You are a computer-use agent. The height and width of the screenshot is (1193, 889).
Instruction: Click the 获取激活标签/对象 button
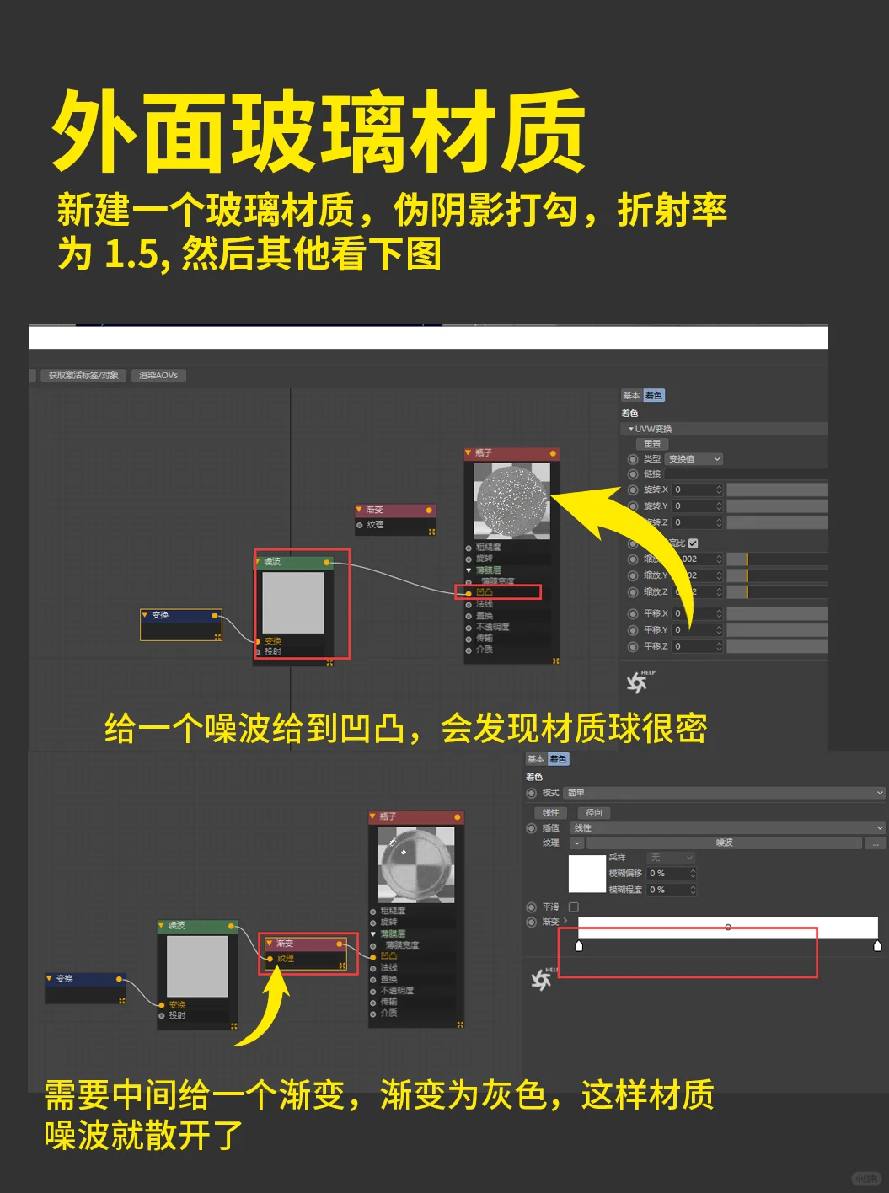click(83, 375)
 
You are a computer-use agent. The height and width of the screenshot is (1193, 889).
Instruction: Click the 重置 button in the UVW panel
click(652, 444)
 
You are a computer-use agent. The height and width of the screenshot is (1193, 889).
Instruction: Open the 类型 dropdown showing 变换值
click(694, 459)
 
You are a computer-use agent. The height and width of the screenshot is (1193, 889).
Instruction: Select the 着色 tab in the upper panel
click(654, 395)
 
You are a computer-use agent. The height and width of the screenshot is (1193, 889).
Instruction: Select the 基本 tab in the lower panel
click(535, 759)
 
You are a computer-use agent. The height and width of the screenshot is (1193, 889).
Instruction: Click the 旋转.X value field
click(696, 490)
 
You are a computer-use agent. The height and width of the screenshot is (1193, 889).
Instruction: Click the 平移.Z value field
click(696, 646)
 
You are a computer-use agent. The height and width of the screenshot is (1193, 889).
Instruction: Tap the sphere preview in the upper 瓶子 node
click(511, 500)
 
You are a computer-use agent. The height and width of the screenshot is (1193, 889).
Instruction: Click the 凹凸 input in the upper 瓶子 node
click(485, 593)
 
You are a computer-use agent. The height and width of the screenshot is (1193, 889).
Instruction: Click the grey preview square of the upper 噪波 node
click(293, 602)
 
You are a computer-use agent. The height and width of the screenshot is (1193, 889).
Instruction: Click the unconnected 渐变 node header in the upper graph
click(394, 510)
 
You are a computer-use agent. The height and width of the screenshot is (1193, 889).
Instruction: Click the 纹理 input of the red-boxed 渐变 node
click(286, 959)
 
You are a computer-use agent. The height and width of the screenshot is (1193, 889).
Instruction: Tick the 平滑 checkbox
click(574, 907)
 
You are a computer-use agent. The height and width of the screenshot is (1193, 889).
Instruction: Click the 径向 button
click(594, 813)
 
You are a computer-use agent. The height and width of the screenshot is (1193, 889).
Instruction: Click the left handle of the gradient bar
click(579, 946)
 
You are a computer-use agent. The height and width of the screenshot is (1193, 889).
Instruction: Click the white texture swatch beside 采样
click(587, 874)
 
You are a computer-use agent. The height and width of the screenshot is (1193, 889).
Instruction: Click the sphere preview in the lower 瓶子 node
click(416, 864)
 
